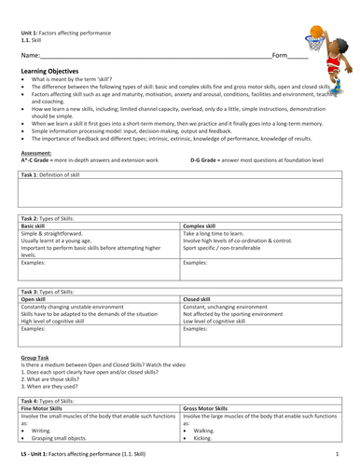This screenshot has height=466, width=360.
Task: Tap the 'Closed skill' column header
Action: pyautogui.click(x=202, y=299)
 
